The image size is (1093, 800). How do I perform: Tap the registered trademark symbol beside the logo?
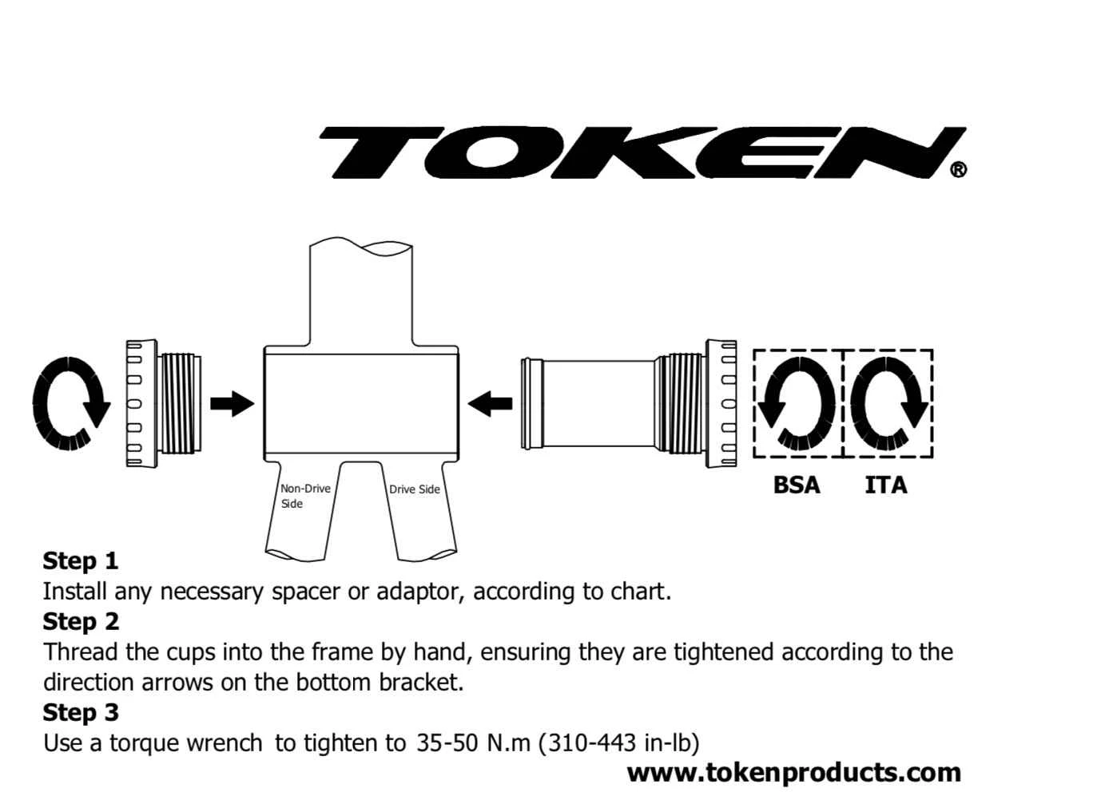pyautogui.click(x=958, y=169)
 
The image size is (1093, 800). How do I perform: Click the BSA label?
pyautogui.click(x=797, y=485)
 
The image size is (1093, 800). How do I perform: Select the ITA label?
pyautogui.click(x=885, y=485)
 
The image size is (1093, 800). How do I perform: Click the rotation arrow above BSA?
pyautogui.click(x=797, y=403)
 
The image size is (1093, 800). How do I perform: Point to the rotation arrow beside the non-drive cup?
pyautogui.click(x=71, y=403)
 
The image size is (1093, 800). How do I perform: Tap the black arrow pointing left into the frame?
pyautogui.click(x=490, y=403)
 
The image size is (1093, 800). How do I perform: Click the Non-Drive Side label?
pyautogui.click(x=304, y=496)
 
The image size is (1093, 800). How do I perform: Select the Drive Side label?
pyautogui.click(x=414, y=489)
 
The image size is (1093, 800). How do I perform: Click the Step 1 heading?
pyautogui.click(x=80, y=560)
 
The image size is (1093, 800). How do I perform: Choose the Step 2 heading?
pyautogui.click(x=80, y=621)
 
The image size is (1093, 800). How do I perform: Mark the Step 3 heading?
pyautogui.click(x=80, y=712)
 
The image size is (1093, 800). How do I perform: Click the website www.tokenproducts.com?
pyautogui.click(x=793, y=772)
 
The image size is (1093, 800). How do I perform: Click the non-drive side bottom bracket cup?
pyautogui.click(x=164, y=403)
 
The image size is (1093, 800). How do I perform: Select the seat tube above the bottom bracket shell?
pyautogui.click(x=361, y=295)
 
